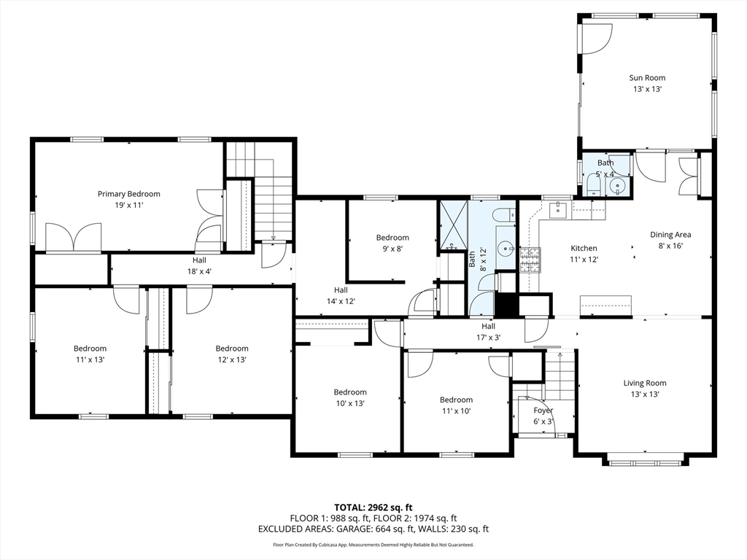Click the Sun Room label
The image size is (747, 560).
(x=647, y=77)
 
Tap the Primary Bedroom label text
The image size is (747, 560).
(x=128, y=194)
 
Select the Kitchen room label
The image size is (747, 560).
(x=584, y=248)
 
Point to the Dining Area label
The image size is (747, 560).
(x=670, y=234)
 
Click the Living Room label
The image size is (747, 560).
(x=645, y=383)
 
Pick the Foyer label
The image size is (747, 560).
(x=543, y=411)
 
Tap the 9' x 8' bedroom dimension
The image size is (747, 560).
(x=392, y=249)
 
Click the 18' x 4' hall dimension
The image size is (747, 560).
(x=199, y=271)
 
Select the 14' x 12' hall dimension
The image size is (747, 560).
(x=341, y=301)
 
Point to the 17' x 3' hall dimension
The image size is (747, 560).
(x=488, y=338)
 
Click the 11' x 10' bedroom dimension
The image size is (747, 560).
(x=456, y=411)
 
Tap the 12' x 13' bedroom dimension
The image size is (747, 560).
(x=231, y=359)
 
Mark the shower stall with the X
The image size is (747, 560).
(x=453, y=225)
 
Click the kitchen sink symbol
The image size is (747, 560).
(x=557, y=209)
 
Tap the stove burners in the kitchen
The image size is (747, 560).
(x=530, y=260)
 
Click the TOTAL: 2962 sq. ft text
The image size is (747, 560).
(x=373, y=507)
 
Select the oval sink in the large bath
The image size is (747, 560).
(x=506, y=248)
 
